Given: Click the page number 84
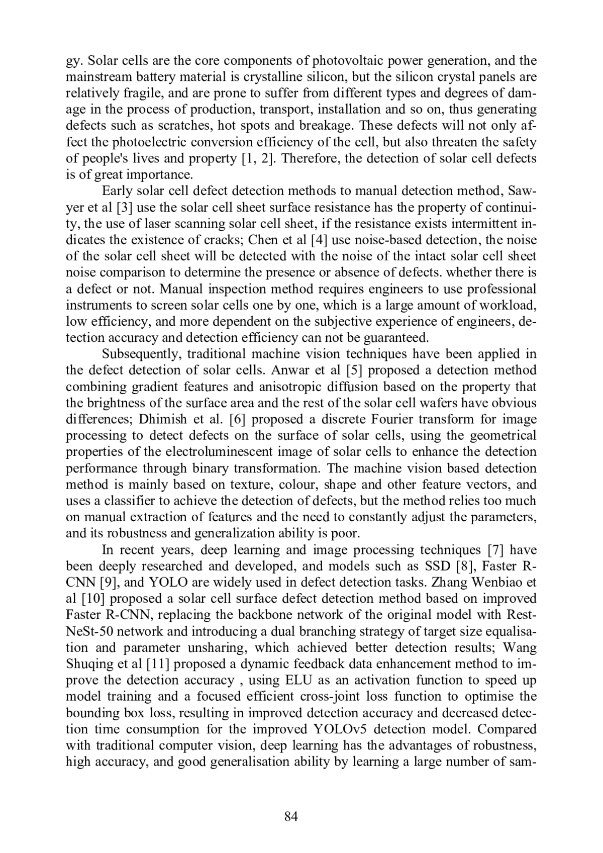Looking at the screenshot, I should [x=291, y=817].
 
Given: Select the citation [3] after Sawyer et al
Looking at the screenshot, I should [x=125, y=208].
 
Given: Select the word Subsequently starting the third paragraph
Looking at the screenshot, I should [x=141, y=354].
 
